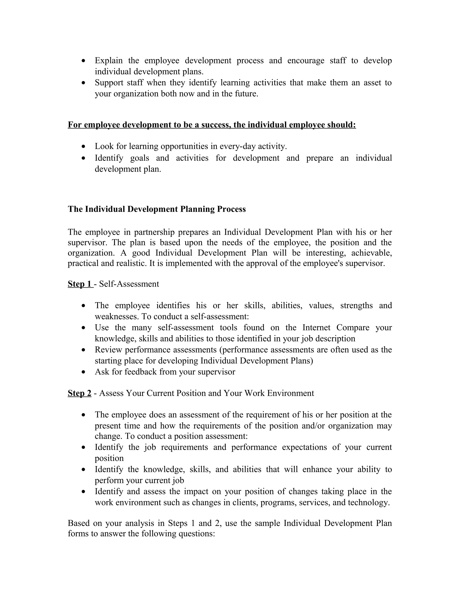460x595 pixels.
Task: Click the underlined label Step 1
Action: tap(80, 284)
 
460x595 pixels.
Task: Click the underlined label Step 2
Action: tap(80, 393)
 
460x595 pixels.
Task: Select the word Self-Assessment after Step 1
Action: tap(129, 284)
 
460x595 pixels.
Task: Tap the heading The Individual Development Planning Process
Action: tap(157, 209)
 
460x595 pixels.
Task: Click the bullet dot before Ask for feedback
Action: tap(84, 372)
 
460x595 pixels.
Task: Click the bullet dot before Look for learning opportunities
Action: tap(84, 147)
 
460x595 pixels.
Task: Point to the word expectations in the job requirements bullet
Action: tap(304, 447)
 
